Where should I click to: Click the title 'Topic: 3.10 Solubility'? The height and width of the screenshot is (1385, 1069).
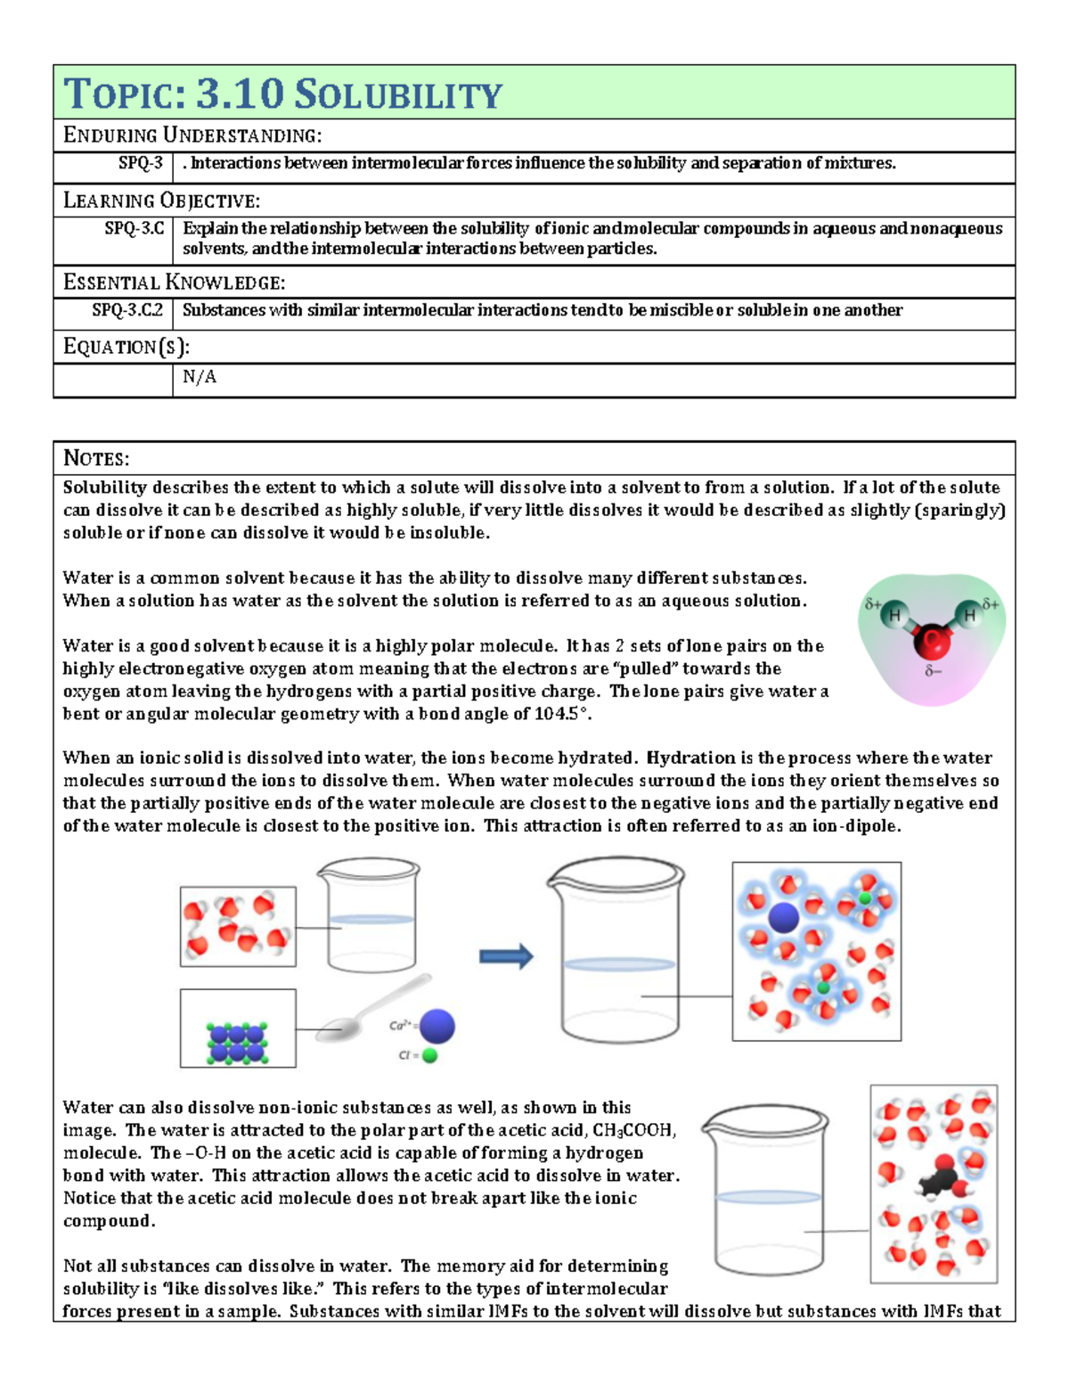click(x=283, y=94)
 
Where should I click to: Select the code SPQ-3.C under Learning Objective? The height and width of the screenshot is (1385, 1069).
click(x=135, y=229)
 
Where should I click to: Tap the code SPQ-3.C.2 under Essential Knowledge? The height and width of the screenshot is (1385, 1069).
click(x=127, y=310)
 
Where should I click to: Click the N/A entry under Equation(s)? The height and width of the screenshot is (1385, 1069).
click(x=199, y=377)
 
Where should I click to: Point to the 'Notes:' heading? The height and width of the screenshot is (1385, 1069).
click(x=96, y=459)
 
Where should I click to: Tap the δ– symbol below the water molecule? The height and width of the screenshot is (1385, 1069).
click(x=933, y=671)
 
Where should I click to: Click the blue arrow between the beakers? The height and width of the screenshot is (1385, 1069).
click(x=506, y=956)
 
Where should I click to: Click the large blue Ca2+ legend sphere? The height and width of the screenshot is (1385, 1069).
click(x=437, y=1027)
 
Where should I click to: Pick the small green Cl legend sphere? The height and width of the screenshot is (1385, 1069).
click(x=429, y=1056)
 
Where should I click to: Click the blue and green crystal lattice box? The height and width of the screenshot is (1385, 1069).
click(x=238, y=1029)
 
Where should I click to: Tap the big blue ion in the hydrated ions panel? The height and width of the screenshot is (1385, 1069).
click(x=783, y=917)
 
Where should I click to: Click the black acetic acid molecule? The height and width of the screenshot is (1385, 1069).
click(x=941, y=1178)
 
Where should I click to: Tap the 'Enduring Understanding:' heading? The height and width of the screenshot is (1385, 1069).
click(x=192, y=135)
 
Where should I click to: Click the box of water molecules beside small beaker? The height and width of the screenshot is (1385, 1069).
click(x=238, y=927)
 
